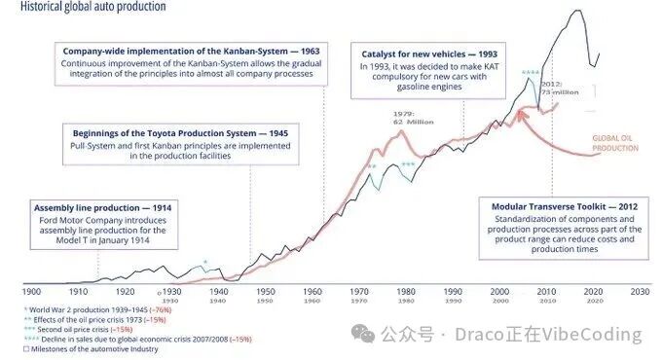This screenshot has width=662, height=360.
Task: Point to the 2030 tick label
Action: tap(640, 290)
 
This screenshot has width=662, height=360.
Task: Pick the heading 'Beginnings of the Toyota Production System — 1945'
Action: tap(180, 130)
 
